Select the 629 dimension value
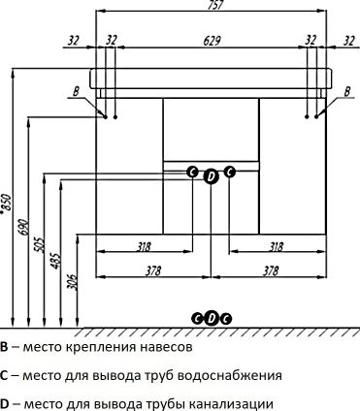[x=212, y=40]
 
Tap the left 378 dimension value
[x=153, y=270]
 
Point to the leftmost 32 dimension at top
[x=75, y=40]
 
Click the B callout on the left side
[x=76, y=92]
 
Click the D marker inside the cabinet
[x=212, y=174]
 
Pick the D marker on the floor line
[x=212, y=317]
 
